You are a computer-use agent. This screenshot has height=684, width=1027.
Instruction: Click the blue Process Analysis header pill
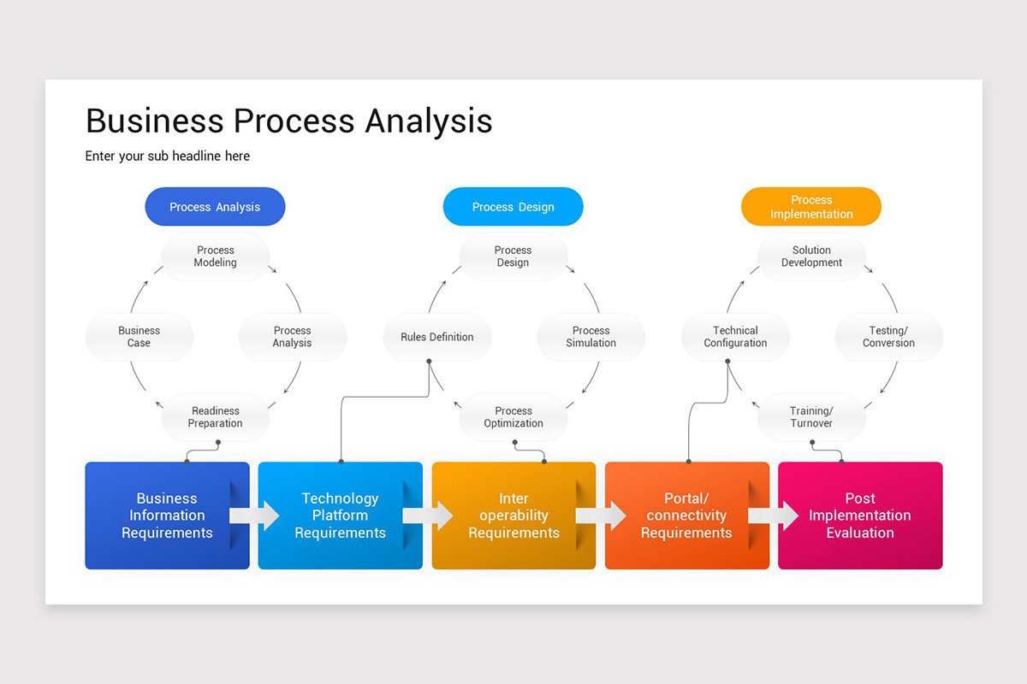[x=215, y=207]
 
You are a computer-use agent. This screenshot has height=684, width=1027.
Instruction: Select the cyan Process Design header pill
[x=513, y=207]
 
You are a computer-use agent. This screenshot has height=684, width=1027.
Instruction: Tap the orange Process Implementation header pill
[x=810, y=207]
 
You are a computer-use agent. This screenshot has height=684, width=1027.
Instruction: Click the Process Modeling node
[x=215, y=256]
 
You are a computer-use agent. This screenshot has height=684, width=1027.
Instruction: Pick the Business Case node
[x=139, y=337]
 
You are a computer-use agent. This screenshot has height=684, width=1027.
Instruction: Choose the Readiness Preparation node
[x=215, y=417]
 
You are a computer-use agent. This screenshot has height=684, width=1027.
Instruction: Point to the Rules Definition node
[x=436, y=337]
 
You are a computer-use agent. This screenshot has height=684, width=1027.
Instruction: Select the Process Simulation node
[x=591, y=337]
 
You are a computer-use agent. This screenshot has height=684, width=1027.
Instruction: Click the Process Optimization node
[x=513, y=417]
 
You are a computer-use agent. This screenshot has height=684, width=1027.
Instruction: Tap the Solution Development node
[x=811, y=256]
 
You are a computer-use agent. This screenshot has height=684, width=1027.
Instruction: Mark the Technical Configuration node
[x=735, y=337]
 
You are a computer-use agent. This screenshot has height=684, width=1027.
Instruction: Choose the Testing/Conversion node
[x=888, y=337]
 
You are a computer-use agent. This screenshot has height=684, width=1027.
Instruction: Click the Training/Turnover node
[x=811, y=417]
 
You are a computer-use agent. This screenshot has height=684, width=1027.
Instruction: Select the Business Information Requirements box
[x=167, y=516]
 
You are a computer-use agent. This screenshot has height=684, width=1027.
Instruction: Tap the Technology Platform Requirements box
[x=340, y=516]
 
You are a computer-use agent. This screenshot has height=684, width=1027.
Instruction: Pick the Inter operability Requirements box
[x=513, y=516]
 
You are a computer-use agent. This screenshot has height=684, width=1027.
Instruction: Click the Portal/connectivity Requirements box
[x=686, y=516]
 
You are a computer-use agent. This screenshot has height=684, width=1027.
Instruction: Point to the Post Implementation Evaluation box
[x=860, y=516]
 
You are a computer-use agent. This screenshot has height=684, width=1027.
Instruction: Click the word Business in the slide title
[x=155, y=121]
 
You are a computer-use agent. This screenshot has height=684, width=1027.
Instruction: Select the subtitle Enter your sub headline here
[x=168, y=156]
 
